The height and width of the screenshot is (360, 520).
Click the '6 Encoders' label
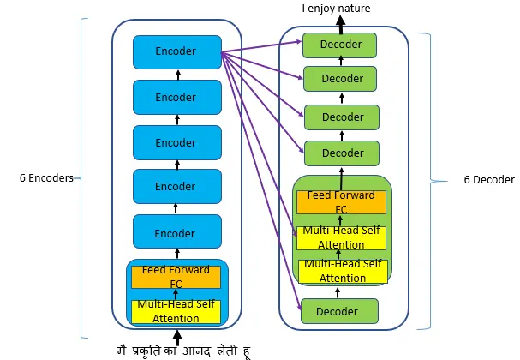coord(46,178)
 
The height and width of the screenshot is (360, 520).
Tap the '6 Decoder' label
coord(489,180)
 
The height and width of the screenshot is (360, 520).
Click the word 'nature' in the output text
coord(353,9)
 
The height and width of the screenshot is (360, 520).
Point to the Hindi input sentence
coord(183,351)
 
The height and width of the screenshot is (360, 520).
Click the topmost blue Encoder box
coord(177,52)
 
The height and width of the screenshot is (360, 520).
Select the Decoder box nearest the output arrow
coord(339,45)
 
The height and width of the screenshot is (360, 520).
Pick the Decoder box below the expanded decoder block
coord(339,311)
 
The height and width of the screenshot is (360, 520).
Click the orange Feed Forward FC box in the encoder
coord(176,277)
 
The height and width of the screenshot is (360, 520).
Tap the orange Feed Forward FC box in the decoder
coord(341,202)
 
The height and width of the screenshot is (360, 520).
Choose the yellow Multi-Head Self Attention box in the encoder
coord(176,312)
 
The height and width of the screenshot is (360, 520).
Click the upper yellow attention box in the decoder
coord(341,238)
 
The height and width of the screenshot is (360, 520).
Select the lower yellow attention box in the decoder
coord(343,272)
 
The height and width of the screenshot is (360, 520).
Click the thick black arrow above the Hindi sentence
coord(177,338)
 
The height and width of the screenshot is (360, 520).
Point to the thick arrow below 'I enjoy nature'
coord(341,25)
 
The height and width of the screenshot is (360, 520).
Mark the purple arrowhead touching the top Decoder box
coord(299,41)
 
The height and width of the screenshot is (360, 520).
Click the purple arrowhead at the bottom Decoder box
coord(299,307)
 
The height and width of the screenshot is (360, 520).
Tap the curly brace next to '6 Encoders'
coord(81,178)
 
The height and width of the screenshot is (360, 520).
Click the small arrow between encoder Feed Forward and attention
coord(176,294)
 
